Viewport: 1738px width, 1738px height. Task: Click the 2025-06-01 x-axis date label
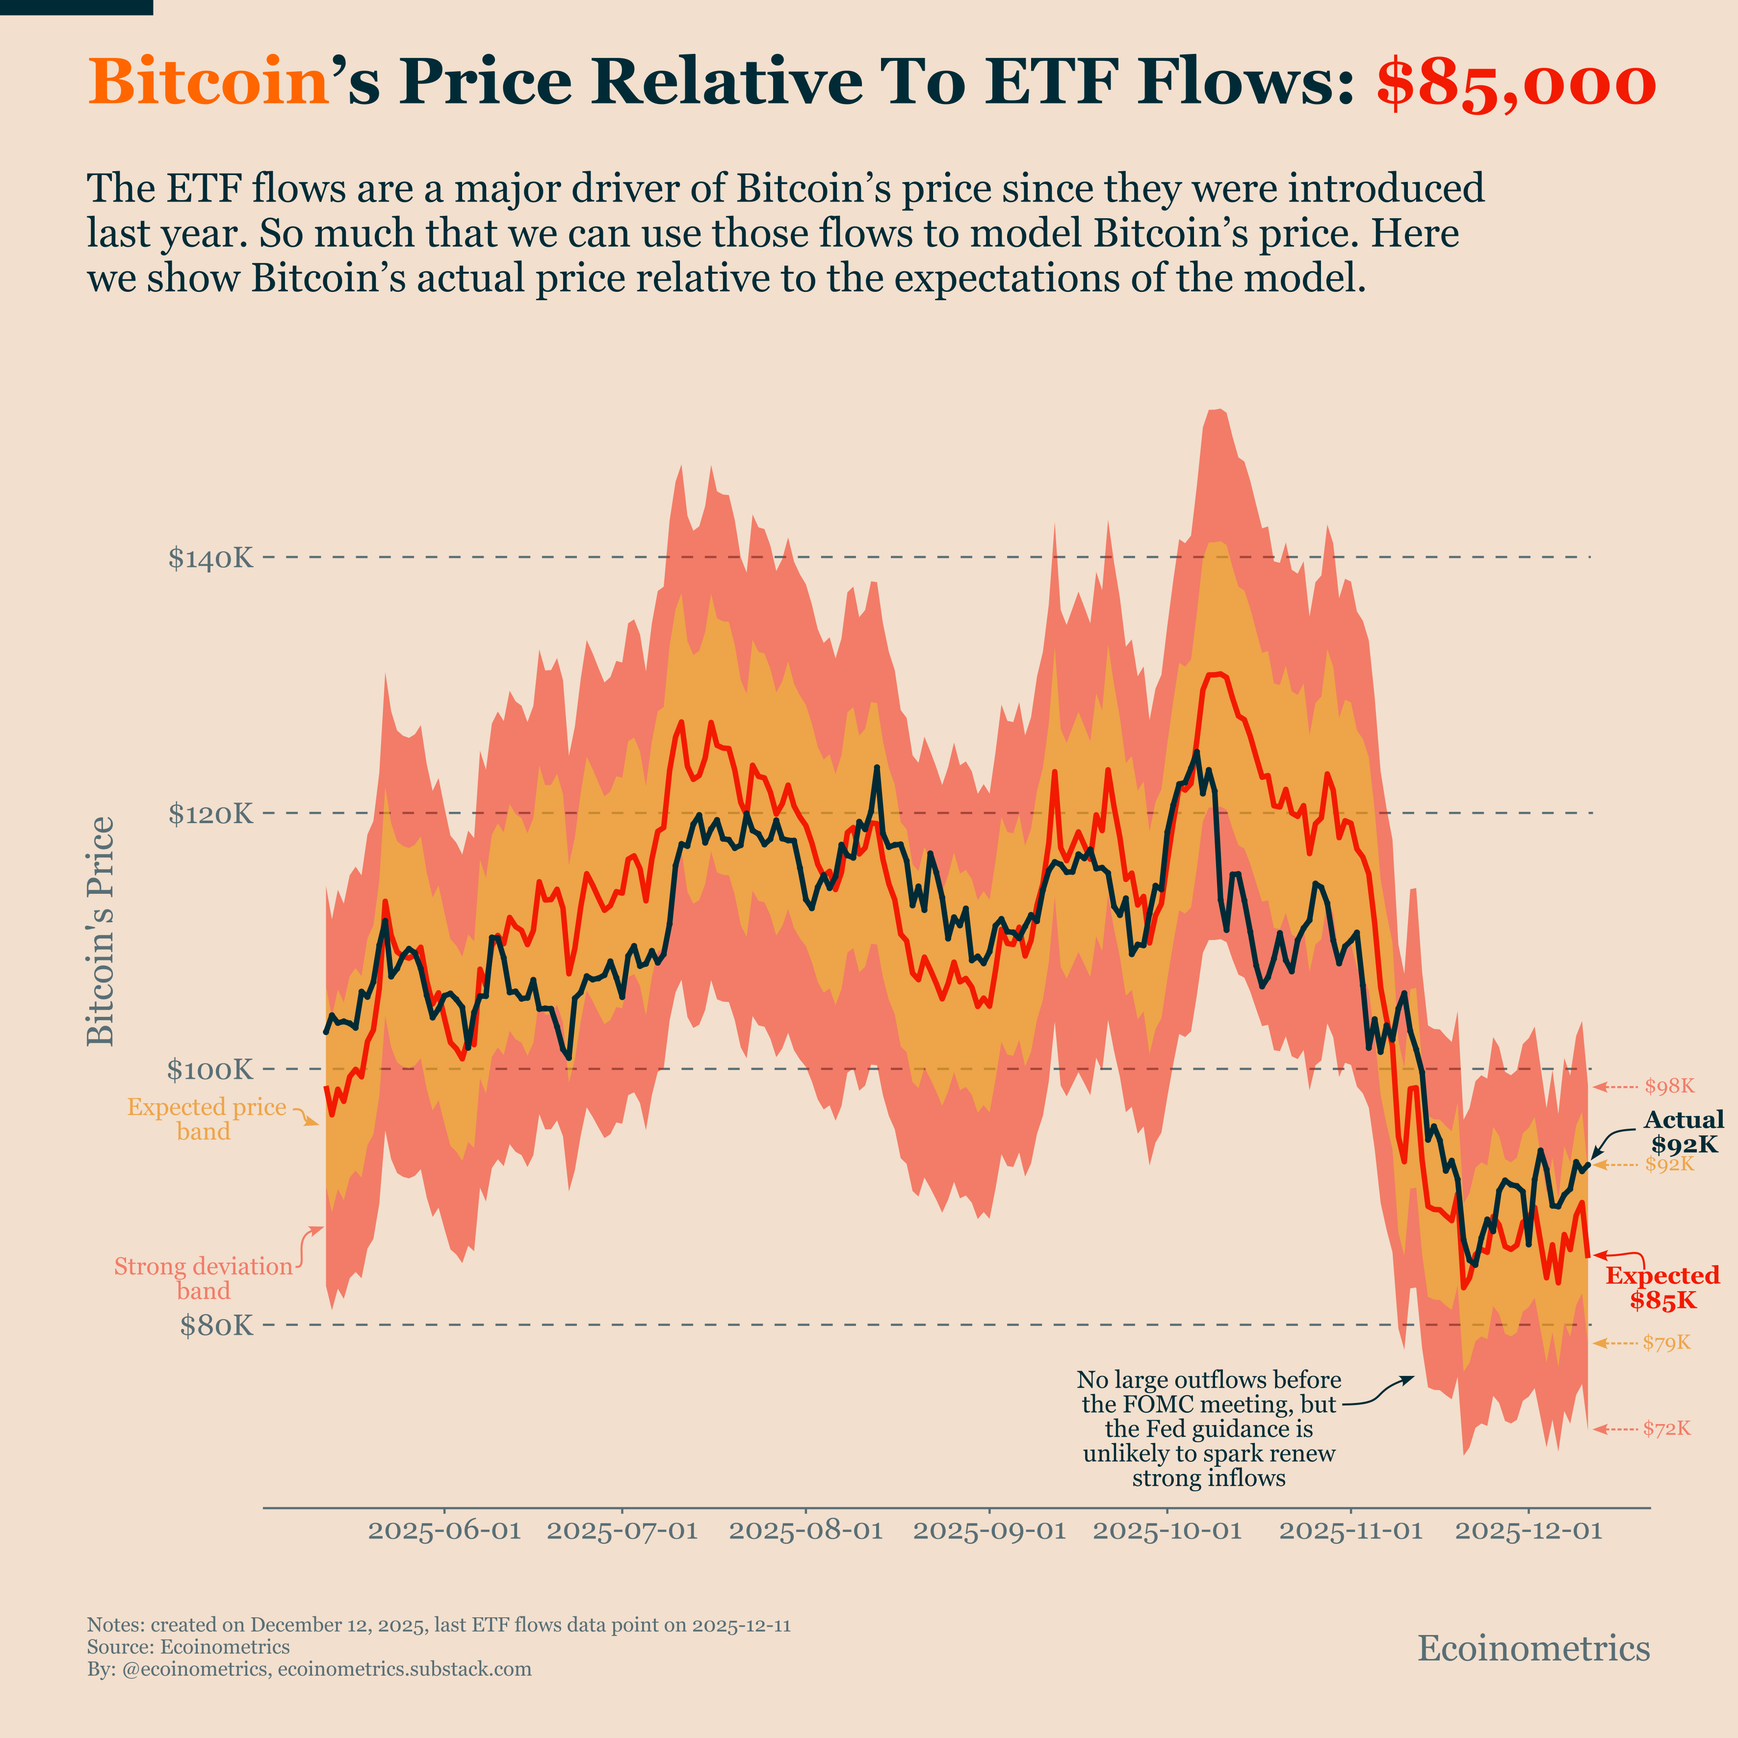444,1530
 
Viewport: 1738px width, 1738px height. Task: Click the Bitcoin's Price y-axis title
101,931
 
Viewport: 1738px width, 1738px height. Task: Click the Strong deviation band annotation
203,1278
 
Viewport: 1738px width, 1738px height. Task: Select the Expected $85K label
1662,1287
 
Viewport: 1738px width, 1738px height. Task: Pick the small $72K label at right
1666,1428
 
